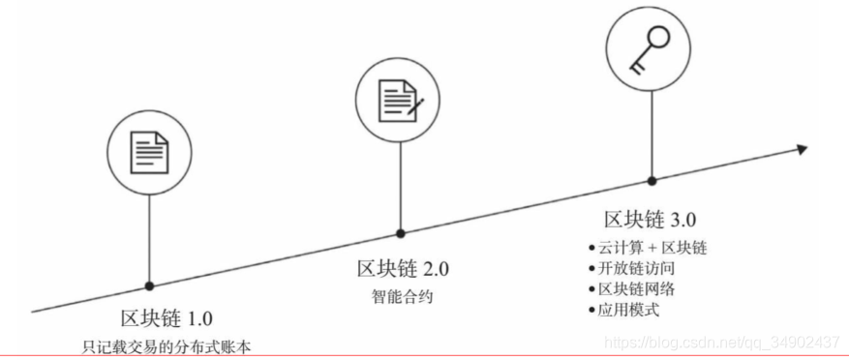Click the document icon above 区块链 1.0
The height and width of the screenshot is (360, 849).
pos(150,152)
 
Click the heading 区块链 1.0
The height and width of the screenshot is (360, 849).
pos(167,318)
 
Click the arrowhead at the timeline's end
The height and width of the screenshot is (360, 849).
pos(801,149)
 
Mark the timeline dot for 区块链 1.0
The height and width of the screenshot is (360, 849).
pos(150,285)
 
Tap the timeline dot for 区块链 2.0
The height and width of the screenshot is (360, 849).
pos(400,233)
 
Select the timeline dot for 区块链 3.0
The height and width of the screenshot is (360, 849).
pos(651,180)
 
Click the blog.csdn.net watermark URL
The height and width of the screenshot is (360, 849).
pos(720,342)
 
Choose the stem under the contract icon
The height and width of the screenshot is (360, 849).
pos(400,185)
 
